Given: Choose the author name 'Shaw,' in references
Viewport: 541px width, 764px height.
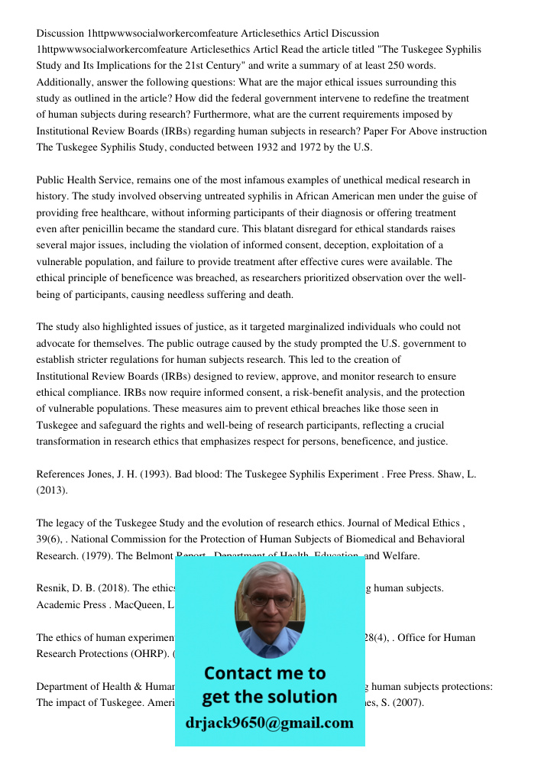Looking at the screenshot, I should (x=447, y=474).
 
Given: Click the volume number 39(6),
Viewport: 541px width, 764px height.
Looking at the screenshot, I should (x=52, y=539).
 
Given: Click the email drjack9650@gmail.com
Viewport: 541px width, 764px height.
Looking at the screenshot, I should (x=269, y=723).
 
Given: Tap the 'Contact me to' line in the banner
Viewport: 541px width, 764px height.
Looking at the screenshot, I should (x=264, y=673).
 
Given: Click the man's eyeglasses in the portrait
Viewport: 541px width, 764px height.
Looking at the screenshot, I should (x=268, y=601).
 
